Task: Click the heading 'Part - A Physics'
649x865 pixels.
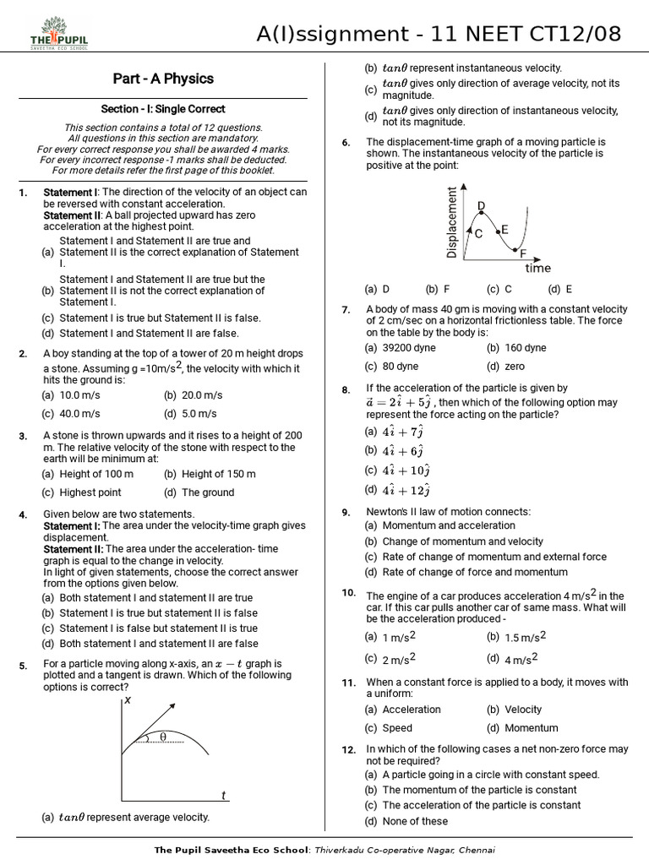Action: click(163, 79)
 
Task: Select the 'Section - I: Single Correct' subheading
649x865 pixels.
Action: click(163, 109)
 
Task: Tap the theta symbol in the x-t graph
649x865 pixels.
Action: click(162, 737)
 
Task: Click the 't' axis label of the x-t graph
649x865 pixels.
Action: click(223, 795)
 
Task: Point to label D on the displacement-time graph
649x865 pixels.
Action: click(482, 206)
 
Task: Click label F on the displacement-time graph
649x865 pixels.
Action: click(522, 253)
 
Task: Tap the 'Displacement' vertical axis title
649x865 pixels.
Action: click(451, 222)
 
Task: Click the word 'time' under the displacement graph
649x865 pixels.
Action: click(537, 269)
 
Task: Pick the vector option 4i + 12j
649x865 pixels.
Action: click(406, 490)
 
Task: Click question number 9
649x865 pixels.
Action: click(346, 513)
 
